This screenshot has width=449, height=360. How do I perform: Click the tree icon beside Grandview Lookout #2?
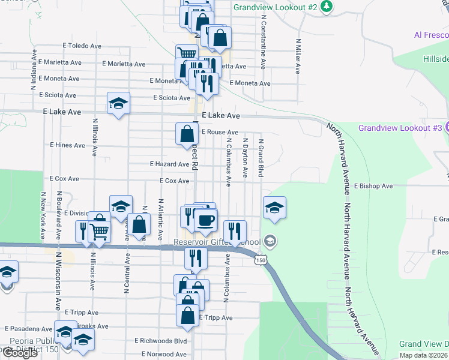326,7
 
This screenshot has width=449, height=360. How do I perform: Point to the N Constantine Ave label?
263,34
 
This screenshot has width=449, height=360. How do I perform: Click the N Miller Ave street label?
298,56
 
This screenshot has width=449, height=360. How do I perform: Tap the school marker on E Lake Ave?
119,103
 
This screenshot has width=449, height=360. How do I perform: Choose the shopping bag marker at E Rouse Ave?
186,134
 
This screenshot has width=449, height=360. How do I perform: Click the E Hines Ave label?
68,145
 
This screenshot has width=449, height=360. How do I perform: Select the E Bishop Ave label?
373,187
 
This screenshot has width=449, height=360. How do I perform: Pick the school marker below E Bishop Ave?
274,208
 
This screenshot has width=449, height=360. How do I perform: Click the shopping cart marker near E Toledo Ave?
187,55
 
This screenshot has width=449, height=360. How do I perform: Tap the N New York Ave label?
43,215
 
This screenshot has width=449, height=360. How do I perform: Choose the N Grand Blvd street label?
261,158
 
